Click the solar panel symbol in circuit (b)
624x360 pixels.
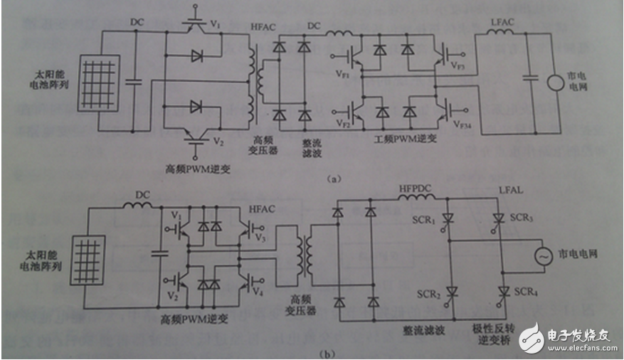[x=88, y=263]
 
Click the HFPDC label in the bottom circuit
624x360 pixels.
[x=413, y=188]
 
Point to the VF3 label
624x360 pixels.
[x=458, y=65]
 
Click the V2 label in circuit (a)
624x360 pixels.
[x=219, y=142]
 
